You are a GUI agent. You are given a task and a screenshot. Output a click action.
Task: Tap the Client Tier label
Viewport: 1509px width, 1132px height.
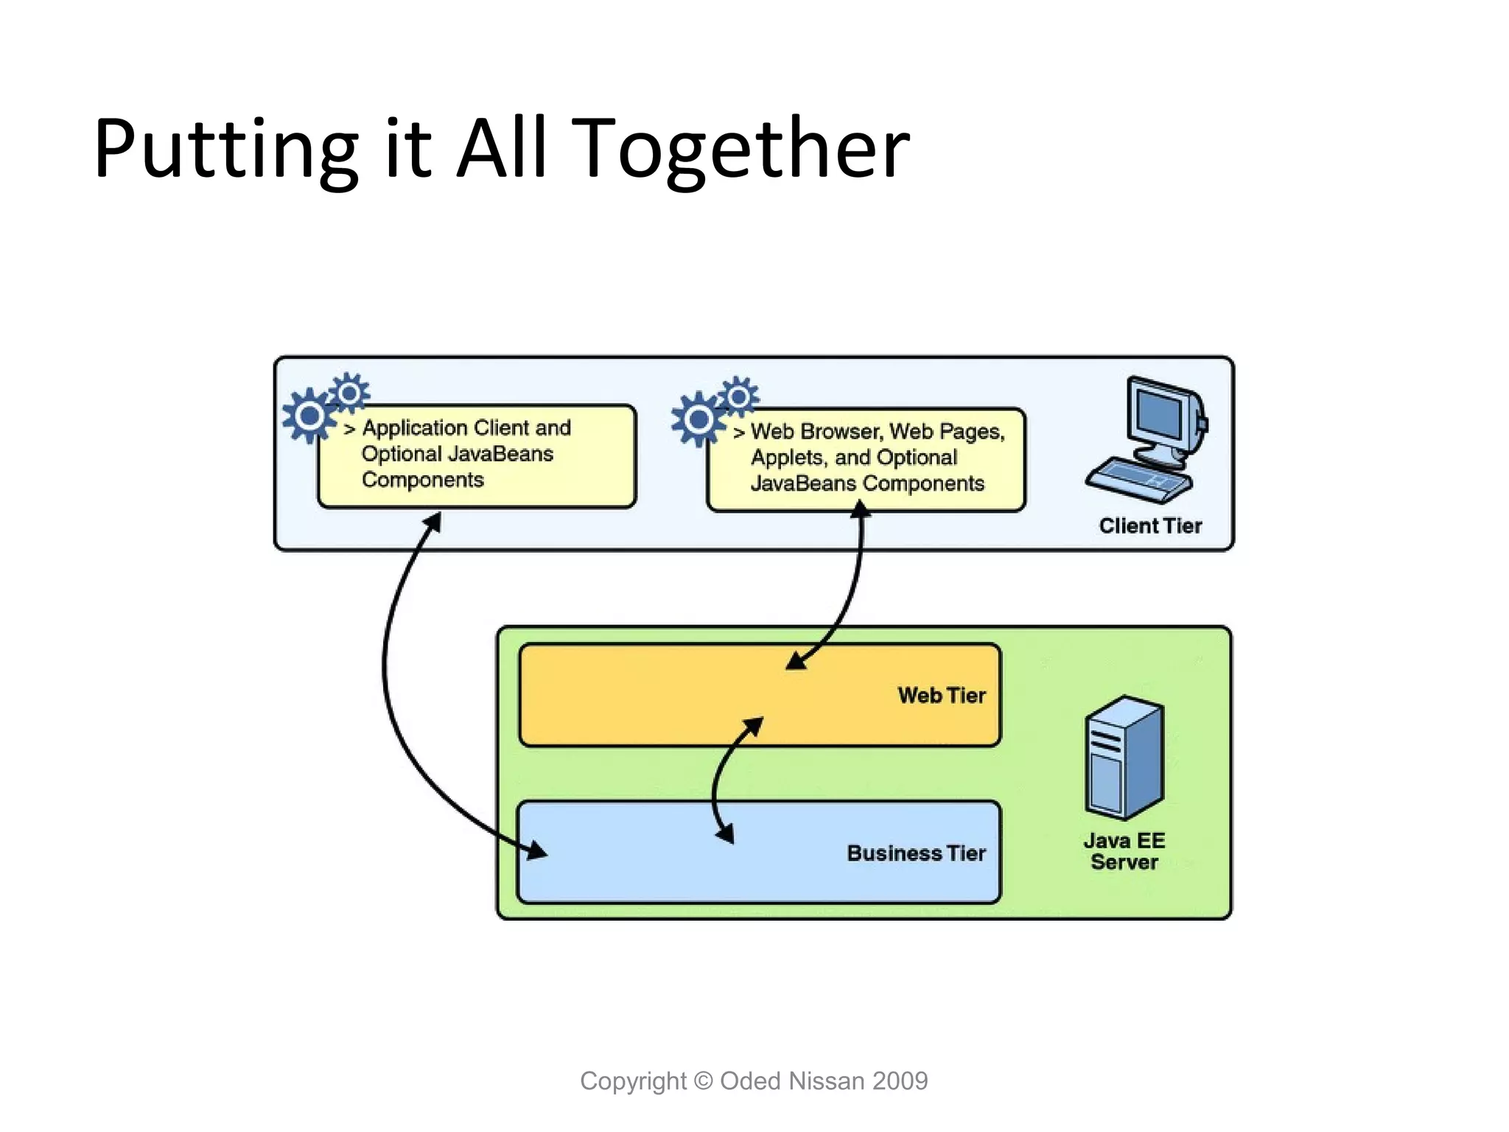[1150, 525]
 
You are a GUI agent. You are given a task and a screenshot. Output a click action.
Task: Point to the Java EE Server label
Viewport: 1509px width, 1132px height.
[1124, 851]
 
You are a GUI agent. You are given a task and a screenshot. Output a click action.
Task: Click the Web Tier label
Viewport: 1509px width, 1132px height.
[941, 695]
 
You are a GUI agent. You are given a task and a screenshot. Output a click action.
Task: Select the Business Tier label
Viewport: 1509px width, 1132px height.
[916, 853]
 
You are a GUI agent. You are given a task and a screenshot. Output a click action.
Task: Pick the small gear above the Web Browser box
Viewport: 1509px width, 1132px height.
[738, 396]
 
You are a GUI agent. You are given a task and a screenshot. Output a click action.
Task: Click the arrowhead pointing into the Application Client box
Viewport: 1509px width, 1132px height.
[433, 522]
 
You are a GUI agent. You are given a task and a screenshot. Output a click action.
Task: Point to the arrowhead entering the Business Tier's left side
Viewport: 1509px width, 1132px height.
[536, 850]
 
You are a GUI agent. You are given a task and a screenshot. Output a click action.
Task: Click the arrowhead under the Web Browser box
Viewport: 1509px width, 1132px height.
[860, 509]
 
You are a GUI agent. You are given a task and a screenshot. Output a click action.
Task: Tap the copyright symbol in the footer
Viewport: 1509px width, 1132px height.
[704, 1081]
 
